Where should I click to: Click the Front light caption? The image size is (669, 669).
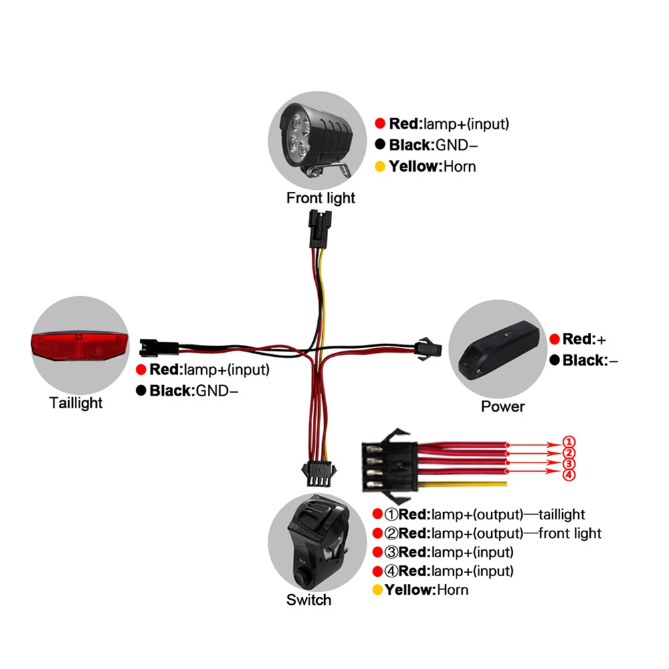pos(321,198)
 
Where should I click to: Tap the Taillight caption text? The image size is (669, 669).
pos(76,403)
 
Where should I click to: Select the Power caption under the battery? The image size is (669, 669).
pos(503,406)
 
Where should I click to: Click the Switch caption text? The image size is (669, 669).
pos(309,599)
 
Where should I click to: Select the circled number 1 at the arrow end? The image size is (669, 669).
pos(568,442)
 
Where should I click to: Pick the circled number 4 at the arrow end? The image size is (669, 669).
pos(568,475)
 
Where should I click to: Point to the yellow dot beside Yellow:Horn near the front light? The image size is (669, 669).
pos(380,166)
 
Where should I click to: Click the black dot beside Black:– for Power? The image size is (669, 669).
pos(554,361)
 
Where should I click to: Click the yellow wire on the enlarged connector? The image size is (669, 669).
pos(468,483)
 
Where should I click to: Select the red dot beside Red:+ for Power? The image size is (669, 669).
pos(554,340)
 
